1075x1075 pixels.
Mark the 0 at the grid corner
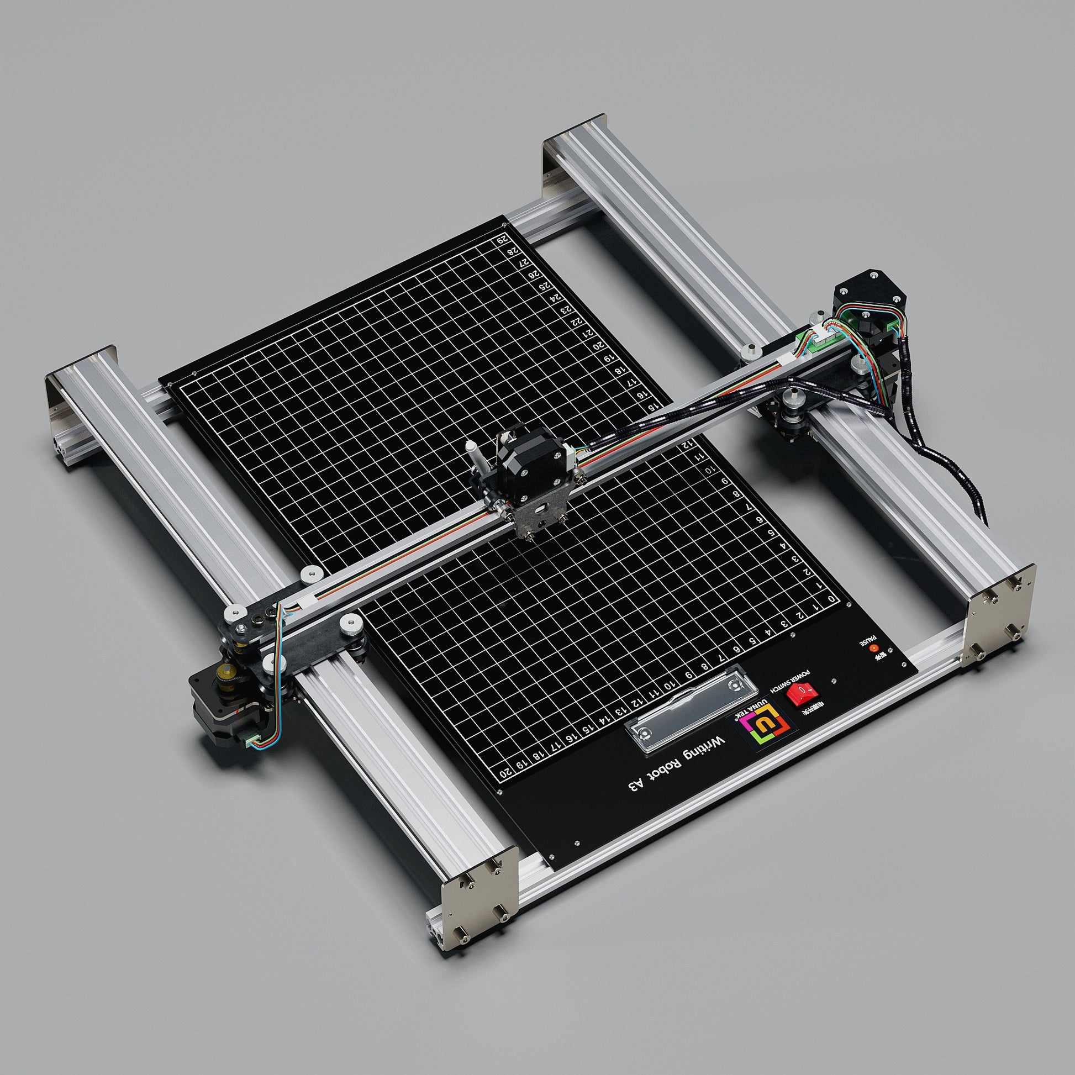click(x=831, y=599)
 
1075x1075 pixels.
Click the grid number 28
click(x=512, y=251)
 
